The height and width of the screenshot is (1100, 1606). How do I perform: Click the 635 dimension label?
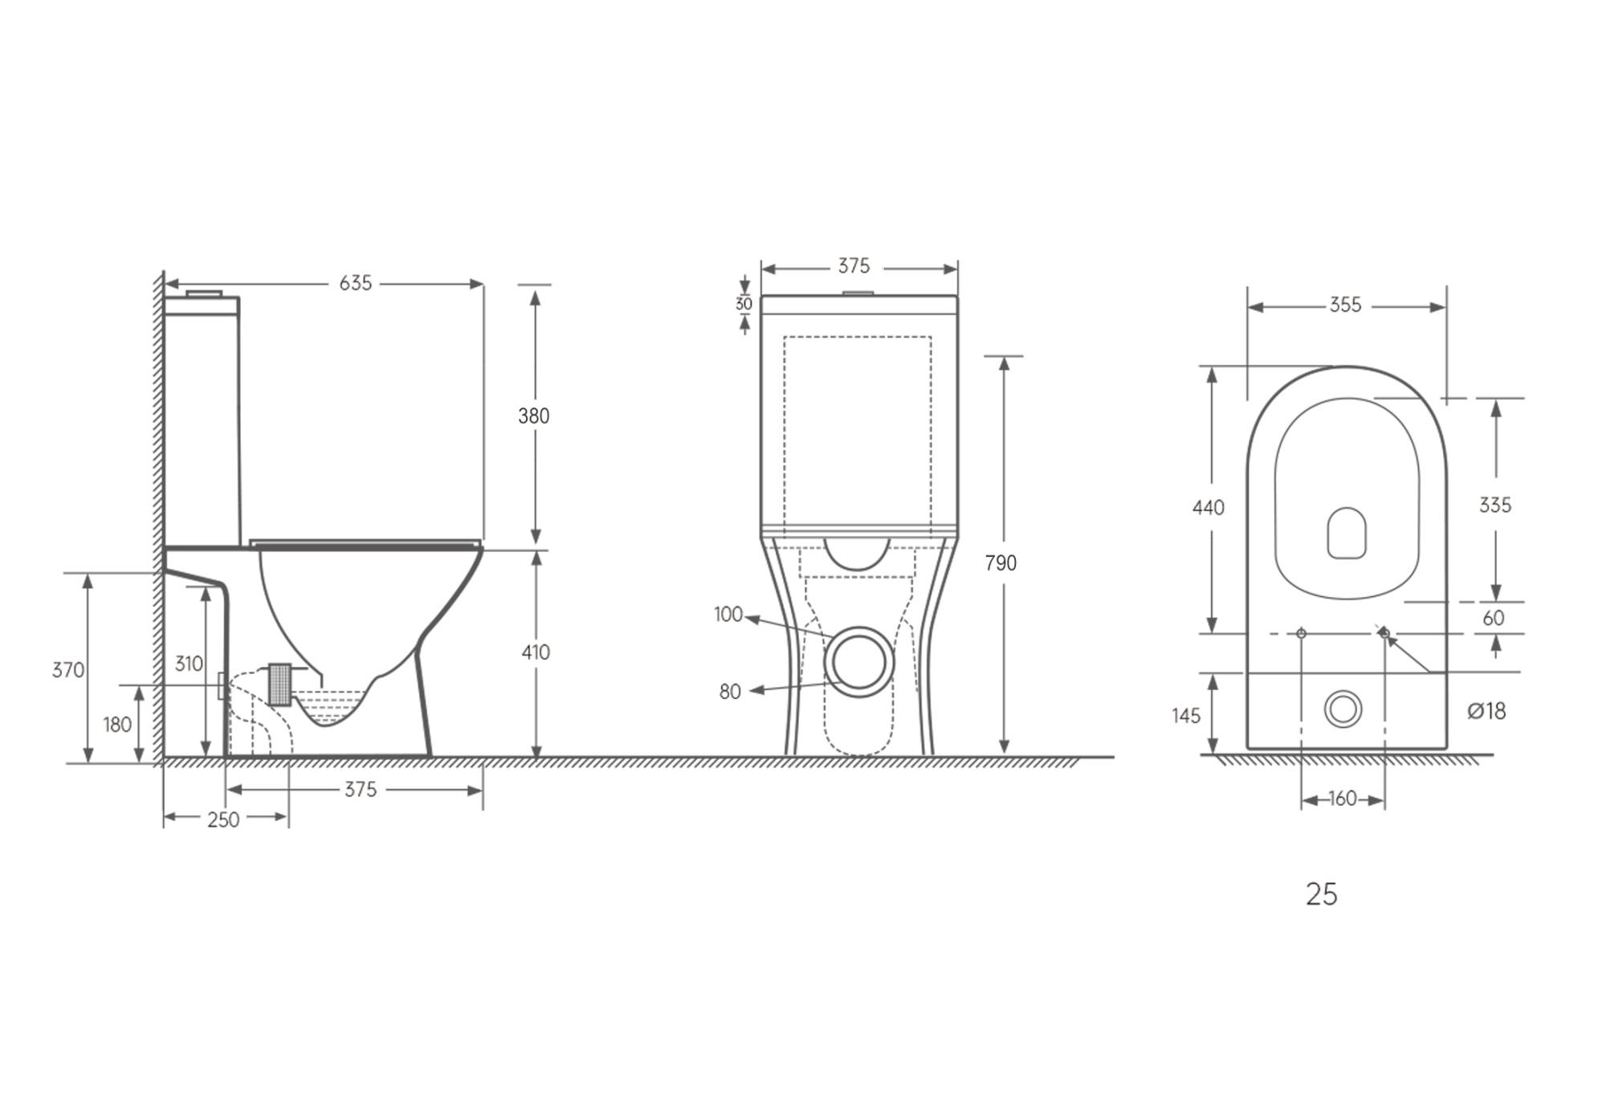[356, 283]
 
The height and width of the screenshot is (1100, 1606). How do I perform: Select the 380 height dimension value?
[534, 416]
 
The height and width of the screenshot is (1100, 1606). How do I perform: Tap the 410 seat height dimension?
[536, 652]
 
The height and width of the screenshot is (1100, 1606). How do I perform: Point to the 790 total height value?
[1001, 563]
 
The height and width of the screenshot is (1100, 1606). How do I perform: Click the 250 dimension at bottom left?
[223, 820]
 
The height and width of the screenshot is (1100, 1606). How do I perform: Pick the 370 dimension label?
[68, 670]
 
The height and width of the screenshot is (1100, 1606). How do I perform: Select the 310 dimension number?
[189, 664]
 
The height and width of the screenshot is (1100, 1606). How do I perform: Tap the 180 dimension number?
[117, 725]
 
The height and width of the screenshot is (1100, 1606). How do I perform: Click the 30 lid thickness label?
[744, 305]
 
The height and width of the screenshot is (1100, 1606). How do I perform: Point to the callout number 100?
[728, 615]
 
